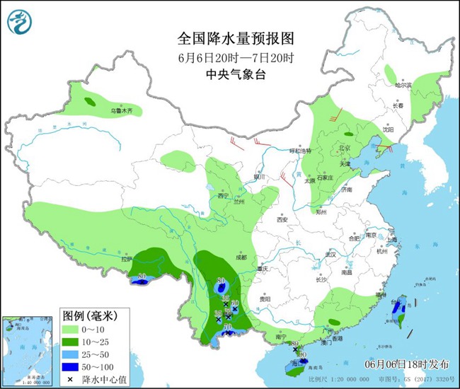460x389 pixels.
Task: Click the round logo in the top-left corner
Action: click(19, 23)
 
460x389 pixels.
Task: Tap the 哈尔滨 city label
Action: click(403, 84)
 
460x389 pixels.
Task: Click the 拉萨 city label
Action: click(126, 259)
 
